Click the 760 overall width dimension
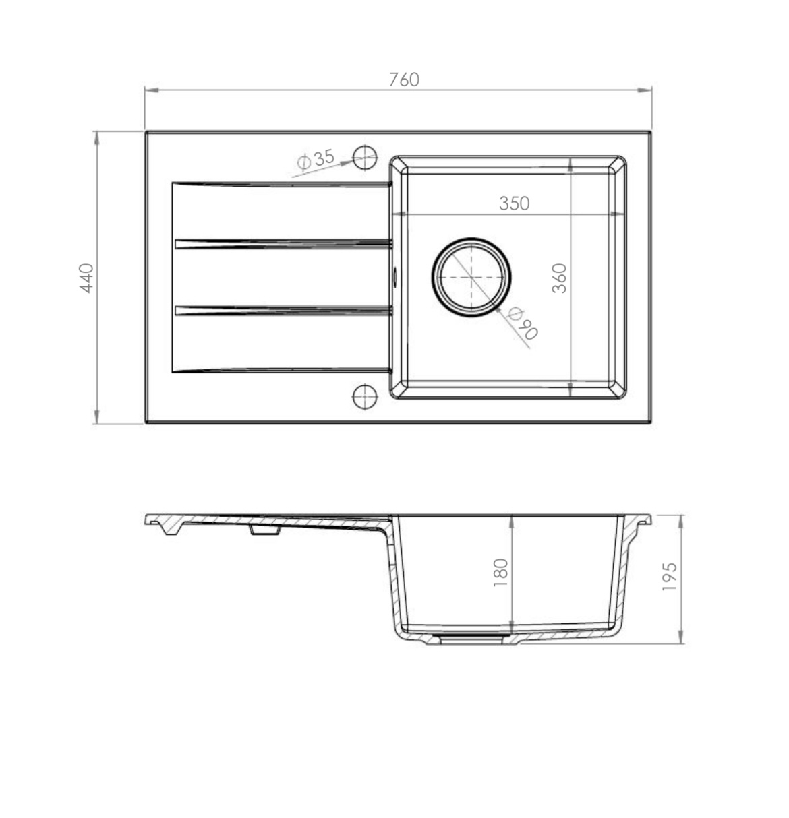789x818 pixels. point(403,80)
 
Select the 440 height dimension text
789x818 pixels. point(86,278)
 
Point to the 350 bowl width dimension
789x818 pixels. point(514,203)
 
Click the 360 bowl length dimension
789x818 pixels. point(559,278)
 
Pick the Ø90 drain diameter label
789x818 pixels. point(523,323)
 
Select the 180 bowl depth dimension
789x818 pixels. point(500,573)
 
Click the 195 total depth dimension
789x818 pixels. point(669,577)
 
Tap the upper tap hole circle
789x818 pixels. point(365,158)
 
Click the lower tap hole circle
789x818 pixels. point(365,396)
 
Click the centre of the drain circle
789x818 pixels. point(471,277)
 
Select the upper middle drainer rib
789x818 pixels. point(283,243)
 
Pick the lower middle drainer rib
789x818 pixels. point(283,310)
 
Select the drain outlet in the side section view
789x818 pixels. point(470,637)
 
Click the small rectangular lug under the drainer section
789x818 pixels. point(264,531)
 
